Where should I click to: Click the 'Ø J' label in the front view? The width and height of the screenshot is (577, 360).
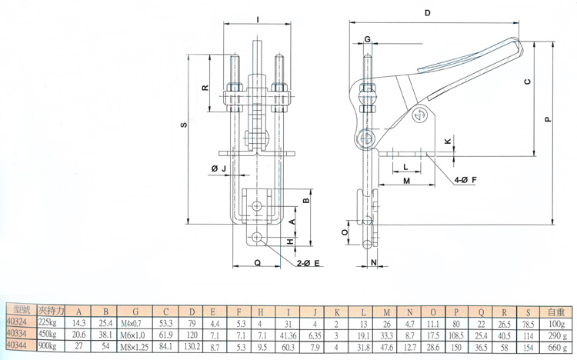217,168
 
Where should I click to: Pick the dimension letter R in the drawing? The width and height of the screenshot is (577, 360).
205,88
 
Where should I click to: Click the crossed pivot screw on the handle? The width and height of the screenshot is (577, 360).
419,115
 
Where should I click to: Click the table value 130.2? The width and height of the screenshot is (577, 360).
192,348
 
